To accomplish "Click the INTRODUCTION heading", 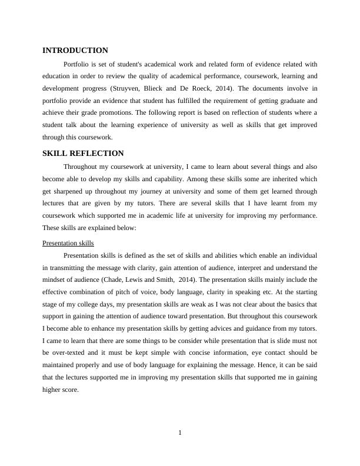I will point(75,51).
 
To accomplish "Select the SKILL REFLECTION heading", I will point(83,154).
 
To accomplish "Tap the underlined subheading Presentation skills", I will point(68,243).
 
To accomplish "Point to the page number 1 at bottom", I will point(180,434).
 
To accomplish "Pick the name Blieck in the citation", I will point(152,88).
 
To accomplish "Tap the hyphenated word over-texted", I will point(69,352).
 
